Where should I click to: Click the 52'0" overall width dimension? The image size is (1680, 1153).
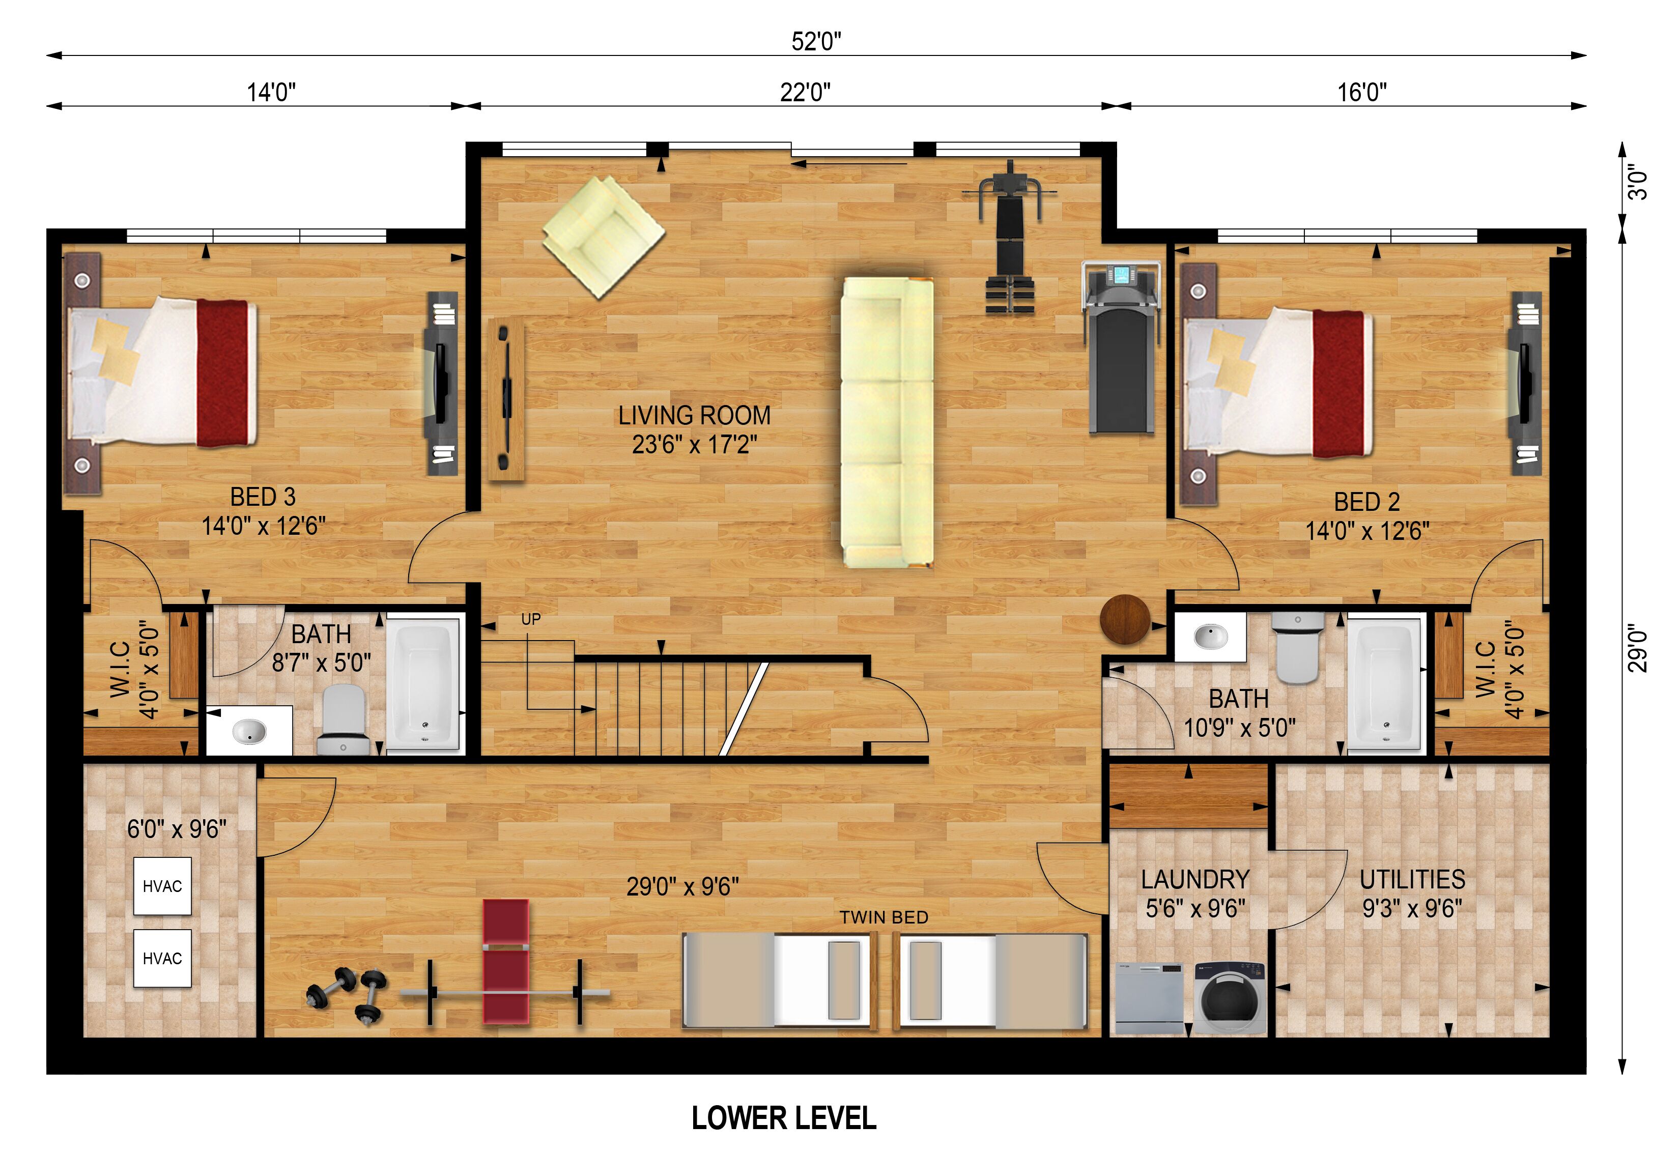tap(816, 41)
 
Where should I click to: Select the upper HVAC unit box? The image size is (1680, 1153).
tap(162, 886)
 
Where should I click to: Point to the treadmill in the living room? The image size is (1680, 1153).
tap(1121, 348)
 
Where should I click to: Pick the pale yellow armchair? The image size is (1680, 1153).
tap(604, 237)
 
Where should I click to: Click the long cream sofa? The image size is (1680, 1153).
tap(887, 422)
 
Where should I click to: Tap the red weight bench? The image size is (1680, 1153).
tap(506, 962)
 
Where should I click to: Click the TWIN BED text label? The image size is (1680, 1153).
tap(884, 917)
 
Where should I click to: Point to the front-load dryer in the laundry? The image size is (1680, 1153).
tap(1229, 998)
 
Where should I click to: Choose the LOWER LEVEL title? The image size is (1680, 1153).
tap(784, 1118)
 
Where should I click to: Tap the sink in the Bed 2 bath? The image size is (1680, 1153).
tap(1210, 637)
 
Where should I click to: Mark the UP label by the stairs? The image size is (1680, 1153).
tap(531, 620)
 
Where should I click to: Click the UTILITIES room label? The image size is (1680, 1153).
tap(1412, 879)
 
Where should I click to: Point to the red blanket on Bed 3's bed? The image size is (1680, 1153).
tap(225, 373)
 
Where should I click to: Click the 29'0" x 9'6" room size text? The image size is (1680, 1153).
tap(682, 886)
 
